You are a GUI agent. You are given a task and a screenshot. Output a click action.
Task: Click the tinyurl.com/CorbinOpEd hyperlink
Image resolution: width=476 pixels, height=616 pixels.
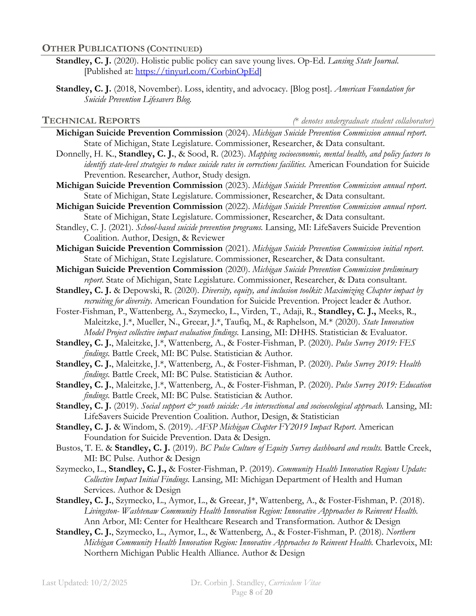tap(197, 72)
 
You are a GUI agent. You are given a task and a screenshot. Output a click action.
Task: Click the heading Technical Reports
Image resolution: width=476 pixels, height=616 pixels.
tap(91, 120)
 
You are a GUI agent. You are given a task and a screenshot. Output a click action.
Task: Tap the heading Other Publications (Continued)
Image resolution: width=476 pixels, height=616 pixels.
tap(122, 49)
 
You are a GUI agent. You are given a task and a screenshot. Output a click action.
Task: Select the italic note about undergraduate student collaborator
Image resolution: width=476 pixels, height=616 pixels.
tap(363, 121)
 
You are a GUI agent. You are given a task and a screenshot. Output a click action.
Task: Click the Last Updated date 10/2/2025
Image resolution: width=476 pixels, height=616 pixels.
tap(109, 583)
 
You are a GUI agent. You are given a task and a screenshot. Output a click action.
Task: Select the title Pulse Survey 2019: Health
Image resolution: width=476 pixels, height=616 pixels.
tap(378, 364)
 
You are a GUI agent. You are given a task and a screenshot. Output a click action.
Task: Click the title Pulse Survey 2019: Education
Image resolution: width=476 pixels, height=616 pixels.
tap(383, 385)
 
